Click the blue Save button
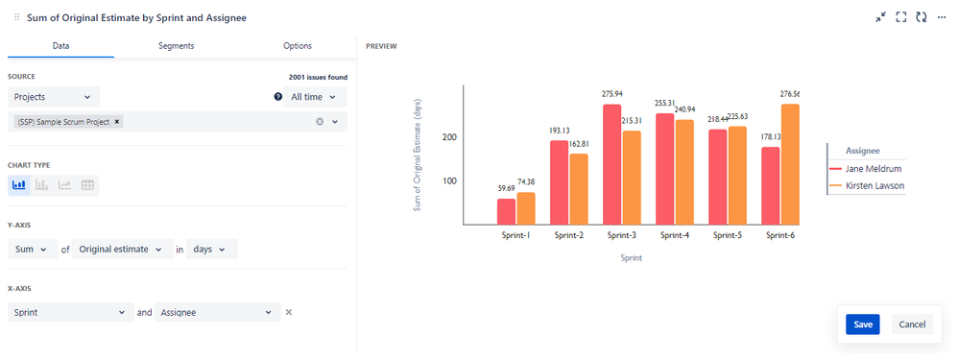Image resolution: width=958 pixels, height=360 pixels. pos(862,324)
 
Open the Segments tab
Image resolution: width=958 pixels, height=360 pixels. pos(176,46)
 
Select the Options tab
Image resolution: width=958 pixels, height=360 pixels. pos(298,46)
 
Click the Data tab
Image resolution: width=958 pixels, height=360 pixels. pos(60,46)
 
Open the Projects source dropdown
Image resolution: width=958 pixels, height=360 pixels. pos(54,97)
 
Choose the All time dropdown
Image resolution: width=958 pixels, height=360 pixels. pos(315,97)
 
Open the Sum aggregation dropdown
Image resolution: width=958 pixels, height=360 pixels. pos(31,250)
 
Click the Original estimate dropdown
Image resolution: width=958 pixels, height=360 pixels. pos(122,250)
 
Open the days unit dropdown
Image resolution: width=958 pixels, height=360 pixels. pos(210,250)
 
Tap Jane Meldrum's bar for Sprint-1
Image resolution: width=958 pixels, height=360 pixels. pos(506,211)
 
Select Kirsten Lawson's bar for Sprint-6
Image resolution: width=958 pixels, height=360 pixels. pos(790,164)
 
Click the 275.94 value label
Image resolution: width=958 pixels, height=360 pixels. pos(611,94)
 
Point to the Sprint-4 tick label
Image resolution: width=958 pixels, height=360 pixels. pos(671,235)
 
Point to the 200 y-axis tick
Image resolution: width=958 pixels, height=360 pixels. pos(448,137)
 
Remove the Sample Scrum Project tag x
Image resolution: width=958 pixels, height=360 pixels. pos(117,122)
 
